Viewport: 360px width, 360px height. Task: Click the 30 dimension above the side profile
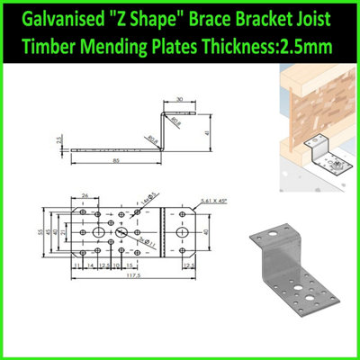(x=181, y=100)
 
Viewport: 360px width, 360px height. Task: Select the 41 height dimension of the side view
(x=209, y=132)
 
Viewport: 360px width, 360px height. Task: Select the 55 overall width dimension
(x=40, y=233)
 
